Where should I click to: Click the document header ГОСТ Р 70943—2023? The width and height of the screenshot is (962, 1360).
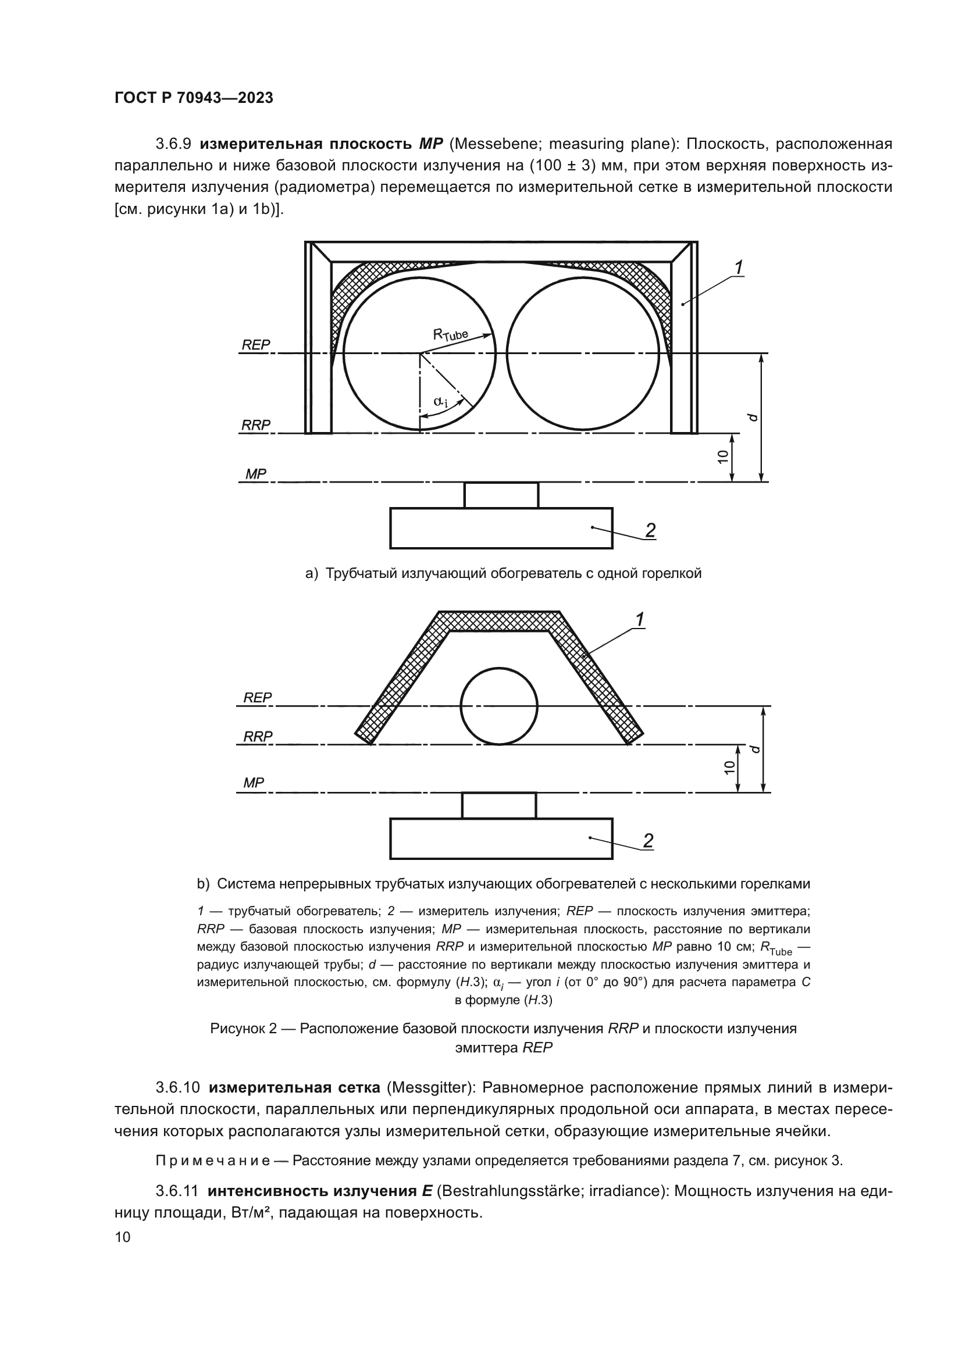tap(194, 98)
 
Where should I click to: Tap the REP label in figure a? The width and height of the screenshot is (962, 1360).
tap(256, 345)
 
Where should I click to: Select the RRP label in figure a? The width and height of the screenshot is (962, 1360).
tap(256, 424)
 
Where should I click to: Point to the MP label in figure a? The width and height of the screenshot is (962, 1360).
tap(256, 474)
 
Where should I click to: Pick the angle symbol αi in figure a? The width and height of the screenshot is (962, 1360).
tap(440, 402)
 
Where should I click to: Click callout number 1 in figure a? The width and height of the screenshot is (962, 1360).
tap(739, 268)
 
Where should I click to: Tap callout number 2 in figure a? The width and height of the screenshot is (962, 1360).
tap(650, 530)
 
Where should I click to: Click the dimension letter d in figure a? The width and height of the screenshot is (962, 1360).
tap(753, 417)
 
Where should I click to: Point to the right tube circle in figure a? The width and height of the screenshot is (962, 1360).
tap(583, 353)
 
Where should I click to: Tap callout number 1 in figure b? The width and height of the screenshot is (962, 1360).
tap(640, 620)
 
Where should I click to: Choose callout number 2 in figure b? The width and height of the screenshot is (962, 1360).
tap(649, 841)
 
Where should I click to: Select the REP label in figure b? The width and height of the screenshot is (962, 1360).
tap(258, 698)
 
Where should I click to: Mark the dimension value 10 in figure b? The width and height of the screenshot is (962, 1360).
tap(730, 767)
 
